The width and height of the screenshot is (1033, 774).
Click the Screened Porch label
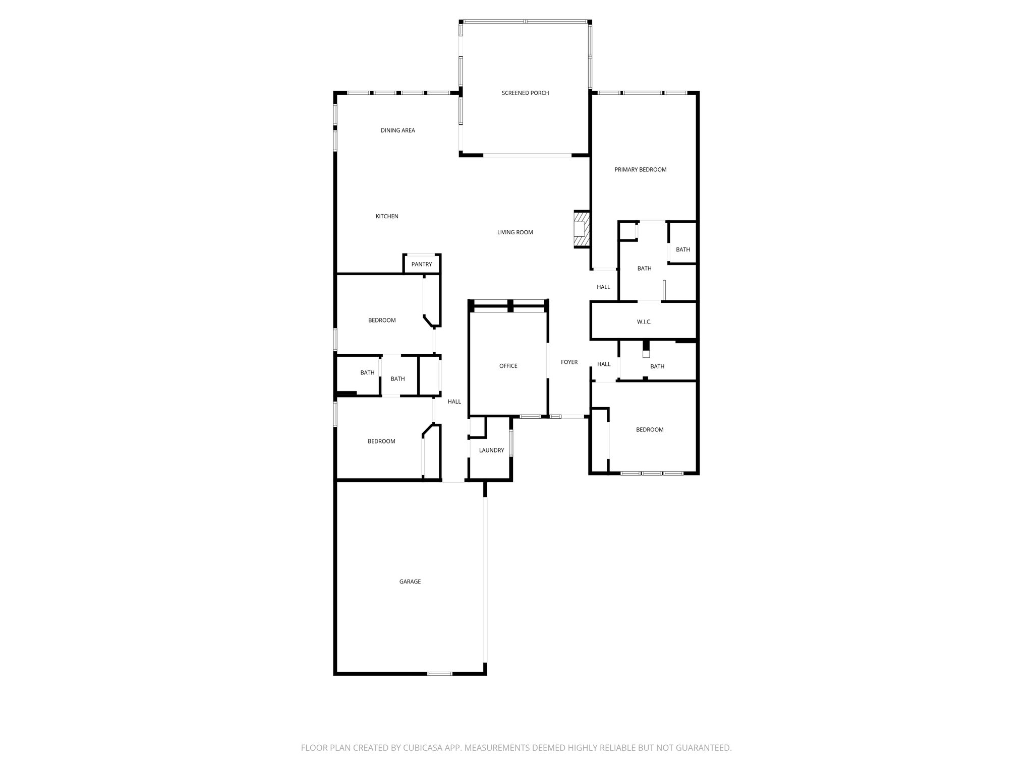click(525, 93)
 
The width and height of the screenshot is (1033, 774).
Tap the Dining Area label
click(397, 131)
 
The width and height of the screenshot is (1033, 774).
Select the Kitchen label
click(387, 216)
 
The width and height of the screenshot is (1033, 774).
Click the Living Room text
click(515, 232)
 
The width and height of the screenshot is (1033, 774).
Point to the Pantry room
click(422, 265)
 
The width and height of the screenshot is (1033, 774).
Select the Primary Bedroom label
click(640, 170)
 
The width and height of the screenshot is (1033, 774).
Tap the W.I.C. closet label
click(644, 321)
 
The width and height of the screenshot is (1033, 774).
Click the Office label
click(508, 366)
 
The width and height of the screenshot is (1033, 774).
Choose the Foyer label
click(569, 362)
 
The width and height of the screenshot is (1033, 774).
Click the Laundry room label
click(491, 450)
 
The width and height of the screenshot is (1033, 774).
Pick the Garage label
click(410, 582)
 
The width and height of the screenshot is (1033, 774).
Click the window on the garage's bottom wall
click(440, 674)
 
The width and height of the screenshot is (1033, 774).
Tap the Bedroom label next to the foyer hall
click(649, 430)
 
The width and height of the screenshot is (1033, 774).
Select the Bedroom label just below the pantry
click(382, 320)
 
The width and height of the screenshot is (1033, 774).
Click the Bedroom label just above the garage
click(381, 441)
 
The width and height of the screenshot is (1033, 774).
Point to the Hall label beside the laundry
click(454, 402)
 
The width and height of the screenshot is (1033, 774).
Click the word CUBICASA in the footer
click(421, 748)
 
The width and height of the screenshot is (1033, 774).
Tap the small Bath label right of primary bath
click(682, 249)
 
